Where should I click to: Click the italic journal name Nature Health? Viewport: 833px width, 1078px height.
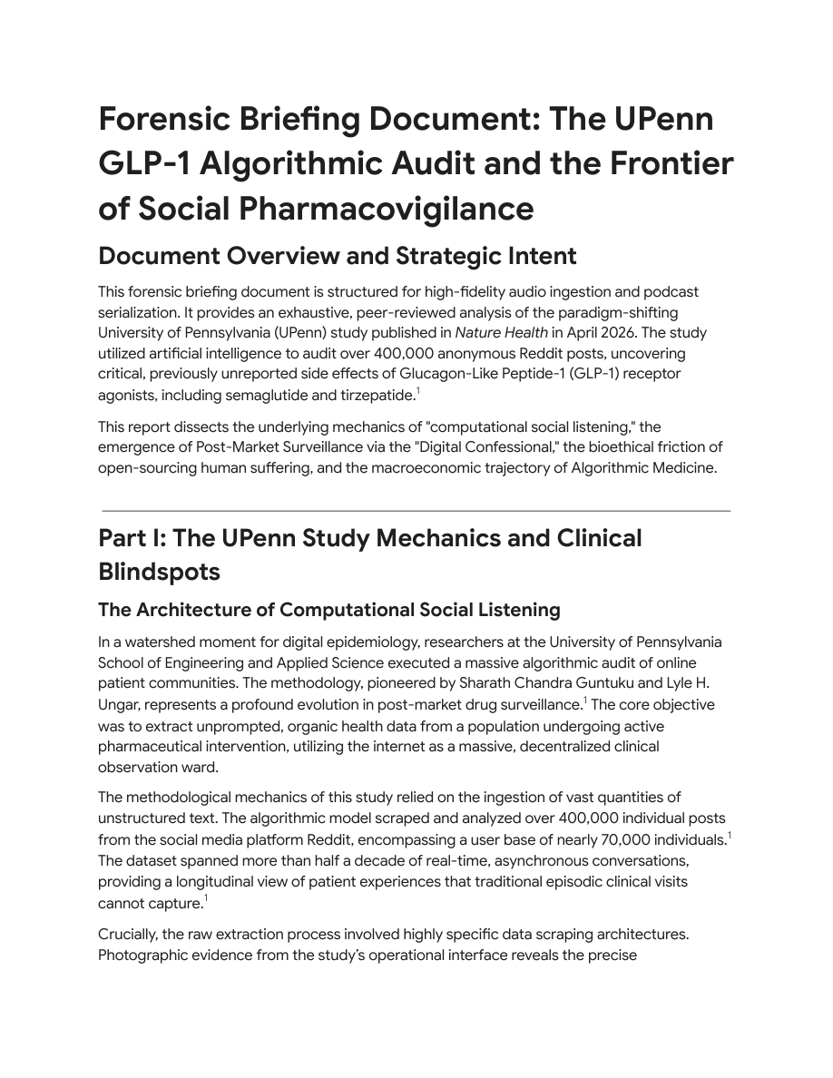tap(491, 332)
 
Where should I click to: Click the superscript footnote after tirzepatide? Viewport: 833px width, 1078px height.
tap(417, 391)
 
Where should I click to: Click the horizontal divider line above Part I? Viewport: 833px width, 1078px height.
tap(416, 511)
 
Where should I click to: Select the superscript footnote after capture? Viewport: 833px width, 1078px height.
tap(205, 898)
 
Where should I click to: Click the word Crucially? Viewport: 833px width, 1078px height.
tap(129, 934)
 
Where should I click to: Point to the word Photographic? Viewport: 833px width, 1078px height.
tap(142, 955)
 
